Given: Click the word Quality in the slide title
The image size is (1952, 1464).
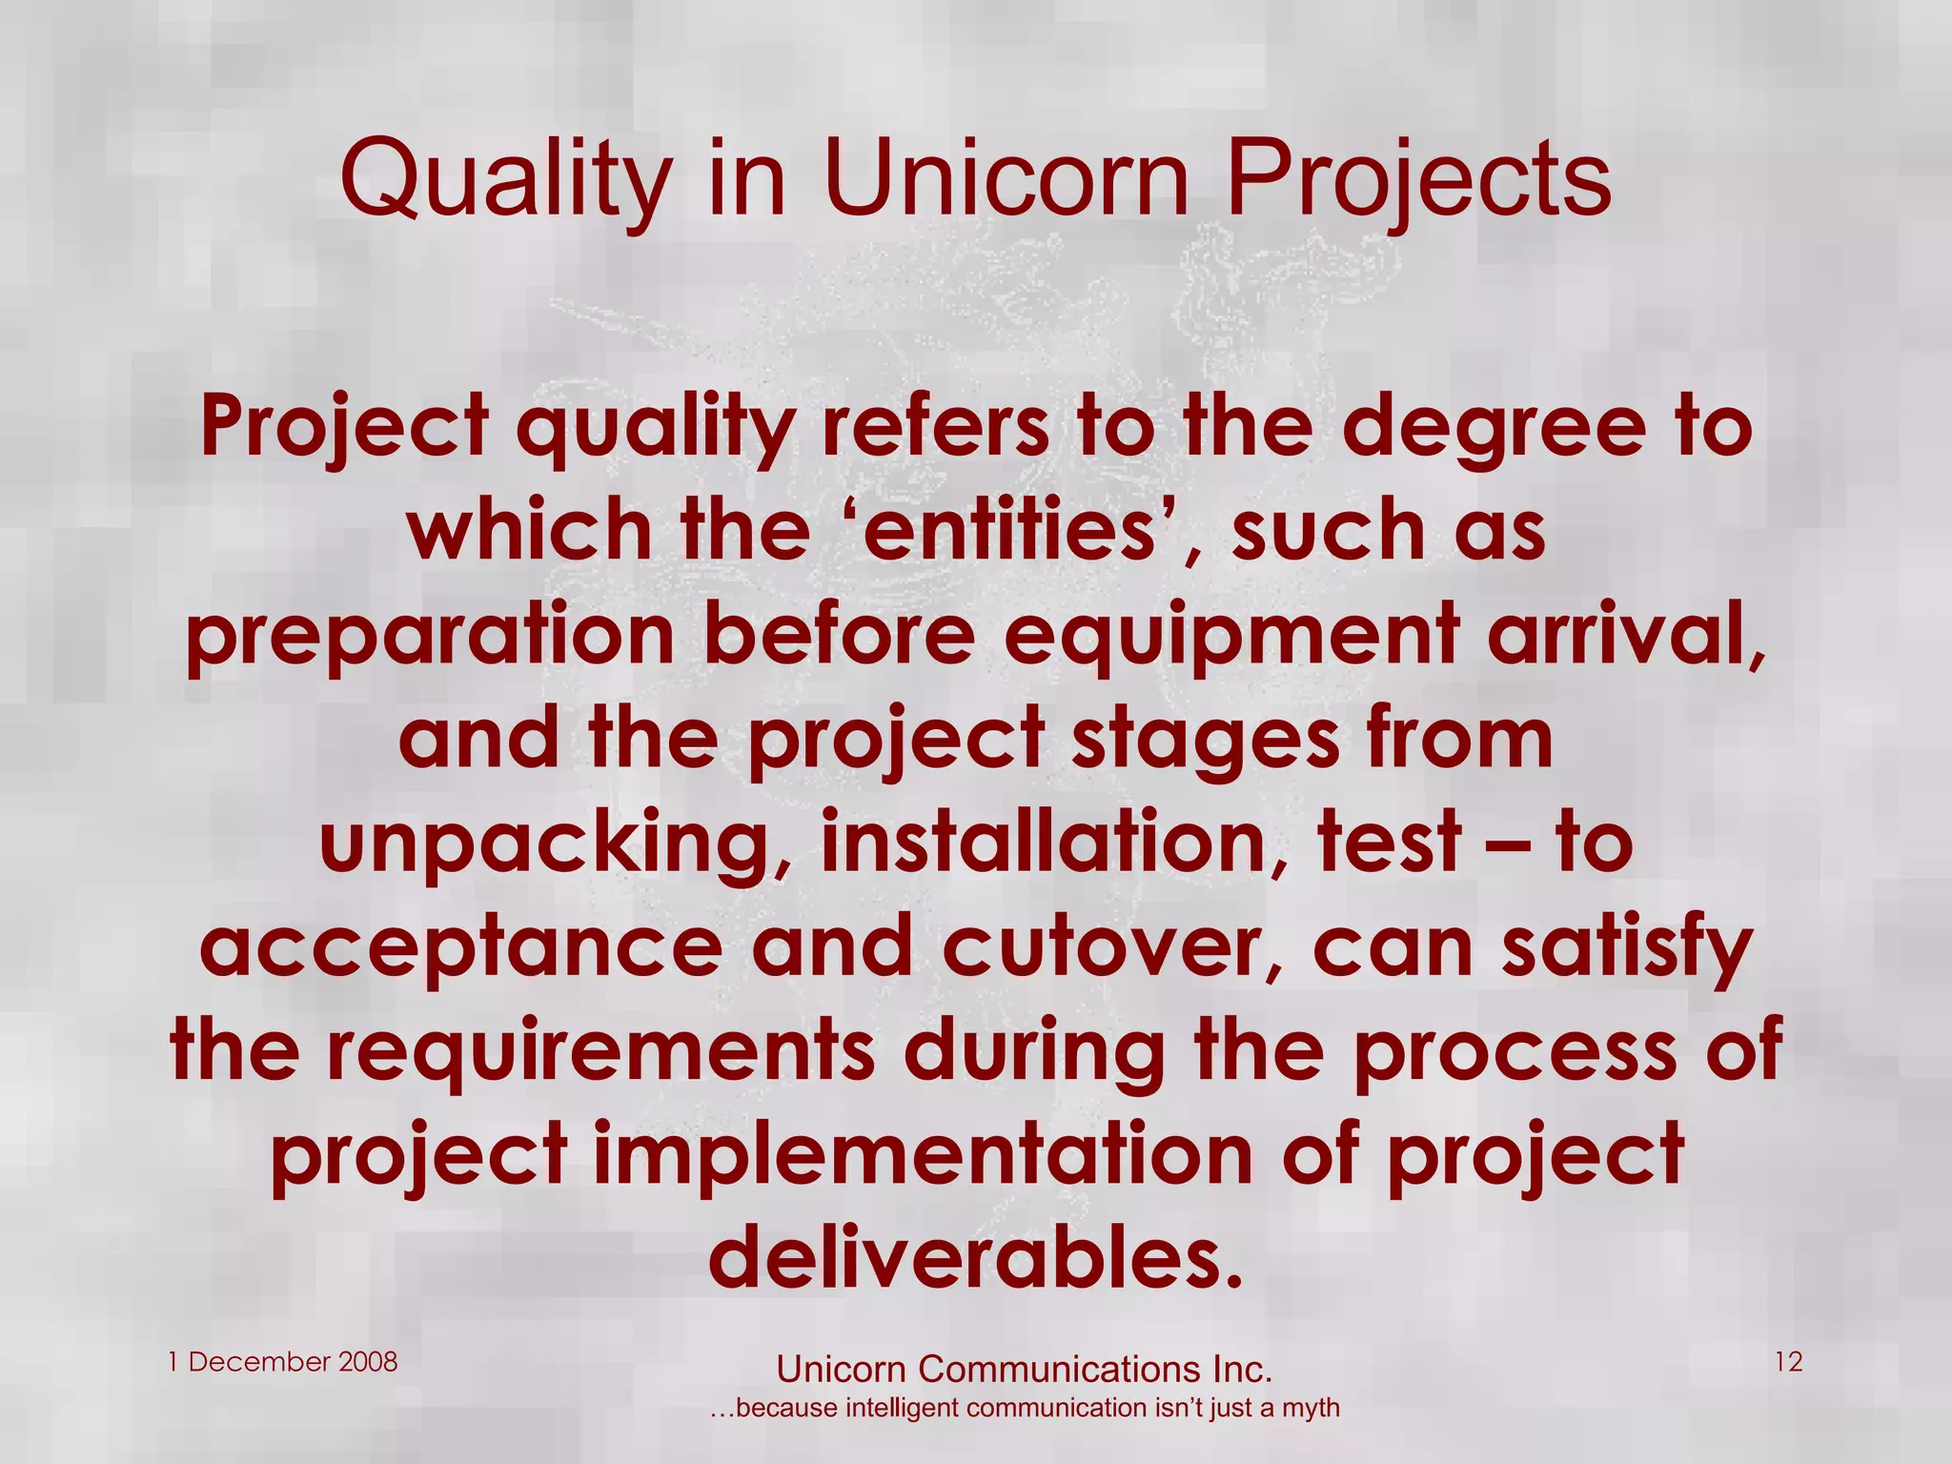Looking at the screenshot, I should tap(505, 181).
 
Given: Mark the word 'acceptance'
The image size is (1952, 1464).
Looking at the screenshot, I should tap(461, 947).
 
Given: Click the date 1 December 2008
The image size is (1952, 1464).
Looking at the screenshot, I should tap(283, 1362).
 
